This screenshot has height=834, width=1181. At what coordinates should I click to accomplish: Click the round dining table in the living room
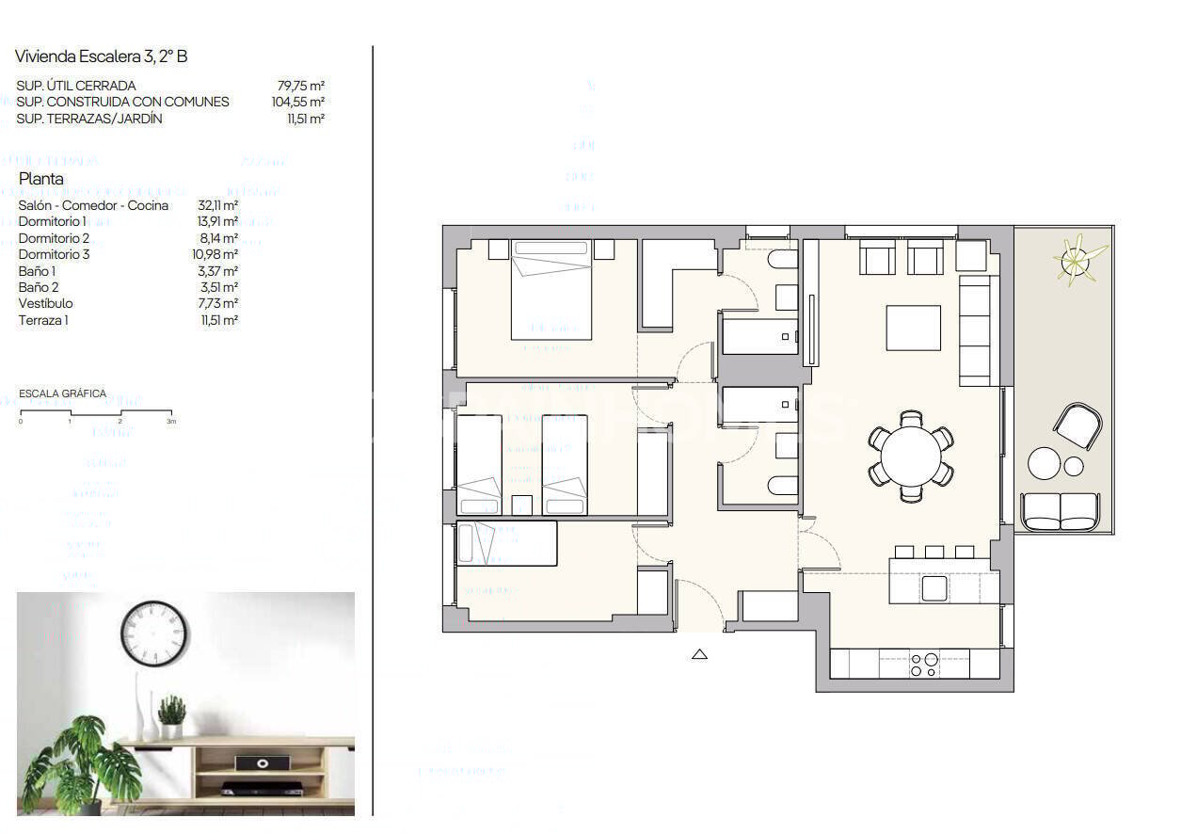point(911,456)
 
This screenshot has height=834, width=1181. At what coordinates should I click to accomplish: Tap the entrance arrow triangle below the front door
point(699,654)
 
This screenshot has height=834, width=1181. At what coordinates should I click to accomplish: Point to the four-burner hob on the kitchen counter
point(923,666)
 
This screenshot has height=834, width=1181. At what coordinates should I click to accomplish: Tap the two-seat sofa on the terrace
point(1060,510)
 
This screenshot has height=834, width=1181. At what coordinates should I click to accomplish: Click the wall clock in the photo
point(154,634)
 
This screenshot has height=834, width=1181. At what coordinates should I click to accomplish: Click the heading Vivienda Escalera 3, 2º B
point(102,56)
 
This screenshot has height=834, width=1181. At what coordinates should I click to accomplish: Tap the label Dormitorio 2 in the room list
point(55,238)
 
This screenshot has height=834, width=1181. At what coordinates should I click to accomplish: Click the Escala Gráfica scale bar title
point(62,393)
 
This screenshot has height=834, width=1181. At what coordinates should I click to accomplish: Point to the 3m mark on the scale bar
point(171,422)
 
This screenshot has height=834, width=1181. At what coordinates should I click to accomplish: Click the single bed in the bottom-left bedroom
point(507,543)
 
